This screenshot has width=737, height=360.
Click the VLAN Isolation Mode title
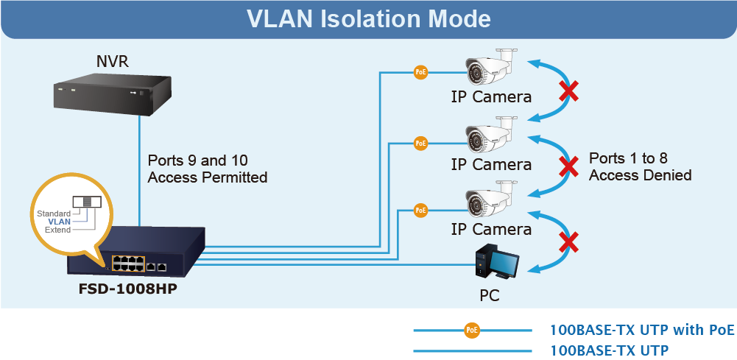(368, 18)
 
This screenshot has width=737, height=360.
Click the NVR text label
(113, 61)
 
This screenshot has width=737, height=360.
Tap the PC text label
(489, 297)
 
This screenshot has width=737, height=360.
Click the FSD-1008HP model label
(128, 289)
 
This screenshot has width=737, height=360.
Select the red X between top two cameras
(568, 92)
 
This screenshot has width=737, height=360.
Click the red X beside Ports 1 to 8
(568, 167)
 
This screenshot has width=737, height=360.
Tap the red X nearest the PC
(568, 241)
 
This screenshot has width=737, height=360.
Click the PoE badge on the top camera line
(420, 72)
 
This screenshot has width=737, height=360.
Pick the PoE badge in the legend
(472, 330)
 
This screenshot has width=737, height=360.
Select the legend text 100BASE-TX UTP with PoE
(642, 330)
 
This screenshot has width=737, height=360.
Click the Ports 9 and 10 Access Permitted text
(207, 169)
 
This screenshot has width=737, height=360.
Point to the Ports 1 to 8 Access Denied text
(640, 166)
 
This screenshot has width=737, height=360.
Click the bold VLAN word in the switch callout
(60, 222)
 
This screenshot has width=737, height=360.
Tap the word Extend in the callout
(57, 230)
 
